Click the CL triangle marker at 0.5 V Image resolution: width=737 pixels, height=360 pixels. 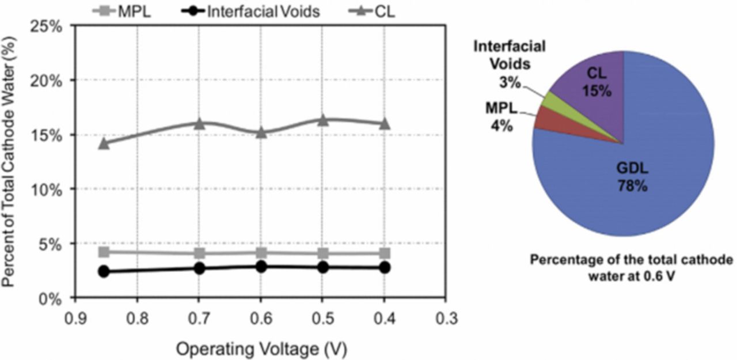322,120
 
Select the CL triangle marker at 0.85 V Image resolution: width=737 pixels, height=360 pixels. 104,143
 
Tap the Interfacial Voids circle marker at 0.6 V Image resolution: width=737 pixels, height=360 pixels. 261,266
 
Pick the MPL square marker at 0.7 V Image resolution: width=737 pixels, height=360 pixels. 199,253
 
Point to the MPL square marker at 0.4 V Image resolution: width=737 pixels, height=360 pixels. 384,253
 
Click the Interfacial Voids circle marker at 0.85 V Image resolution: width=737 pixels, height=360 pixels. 104,271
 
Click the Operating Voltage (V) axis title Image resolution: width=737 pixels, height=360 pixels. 261,348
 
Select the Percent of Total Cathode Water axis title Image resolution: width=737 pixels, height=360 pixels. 10,161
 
